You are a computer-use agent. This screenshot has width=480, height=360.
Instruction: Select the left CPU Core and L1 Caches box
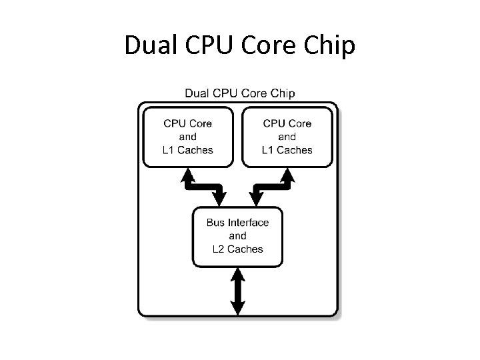[187, 137]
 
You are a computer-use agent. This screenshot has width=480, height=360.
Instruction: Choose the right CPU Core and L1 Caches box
[287, 137]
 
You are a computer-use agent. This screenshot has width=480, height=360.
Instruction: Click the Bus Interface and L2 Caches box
[237, 236]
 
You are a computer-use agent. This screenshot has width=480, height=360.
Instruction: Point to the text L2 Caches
[237, 249]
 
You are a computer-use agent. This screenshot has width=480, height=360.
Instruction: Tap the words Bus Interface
[237, 223]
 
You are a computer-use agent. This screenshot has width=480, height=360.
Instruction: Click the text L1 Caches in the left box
[187, 150]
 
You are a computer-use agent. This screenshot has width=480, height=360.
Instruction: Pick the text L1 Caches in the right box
[287, 150]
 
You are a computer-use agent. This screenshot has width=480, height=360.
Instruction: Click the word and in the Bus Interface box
[237, 236]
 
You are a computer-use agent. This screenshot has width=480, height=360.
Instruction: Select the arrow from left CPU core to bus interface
[204, 187]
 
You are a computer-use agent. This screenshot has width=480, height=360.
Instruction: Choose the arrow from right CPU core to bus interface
[271, 187]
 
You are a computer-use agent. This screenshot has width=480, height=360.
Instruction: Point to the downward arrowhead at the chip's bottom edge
[237, 307]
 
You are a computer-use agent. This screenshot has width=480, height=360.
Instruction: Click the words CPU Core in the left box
[187, 123]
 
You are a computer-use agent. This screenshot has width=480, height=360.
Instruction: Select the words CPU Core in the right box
[287, 123]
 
